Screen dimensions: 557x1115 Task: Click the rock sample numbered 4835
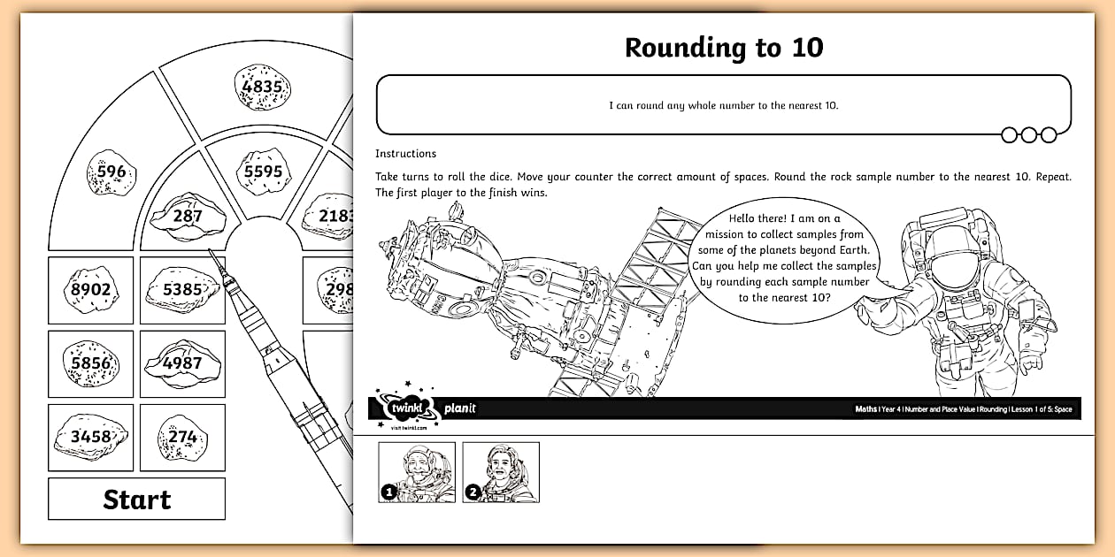coord(262,87)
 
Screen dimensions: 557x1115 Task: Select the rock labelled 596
coord(111,172)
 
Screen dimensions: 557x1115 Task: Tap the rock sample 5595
coord(262,172)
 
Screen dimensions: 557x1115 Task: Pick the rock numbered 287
coord(188,215)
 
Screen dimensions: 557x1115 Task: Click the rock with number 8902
coord(90,289)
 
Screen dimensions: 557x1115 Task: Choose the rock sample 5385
coord(181,288)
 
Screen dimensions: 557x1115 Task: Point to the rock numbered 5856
coord(90,362)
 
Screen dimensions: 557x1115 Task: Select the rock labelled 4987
coord(181,362)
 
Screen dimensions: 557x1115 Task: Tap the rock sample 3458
coord(90,437)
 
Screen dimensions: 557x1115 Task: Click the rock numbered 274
coord(181,437)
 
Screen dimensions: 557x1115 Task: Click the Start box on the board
coord(136,500)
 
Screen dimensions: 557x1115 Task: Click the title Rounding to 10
coord(723,48)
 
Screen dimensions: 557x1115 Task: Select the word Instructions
coord(405,154)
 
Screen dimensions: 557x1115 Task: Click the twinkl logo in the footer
coord(404,408)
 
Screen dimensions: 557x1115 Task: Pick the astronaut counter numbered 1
coord(417,472)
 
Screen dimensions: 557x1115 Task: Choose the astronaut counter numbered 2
coord(501,472)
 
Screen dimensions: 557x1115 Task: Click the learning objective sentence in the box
coord(723,105)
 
